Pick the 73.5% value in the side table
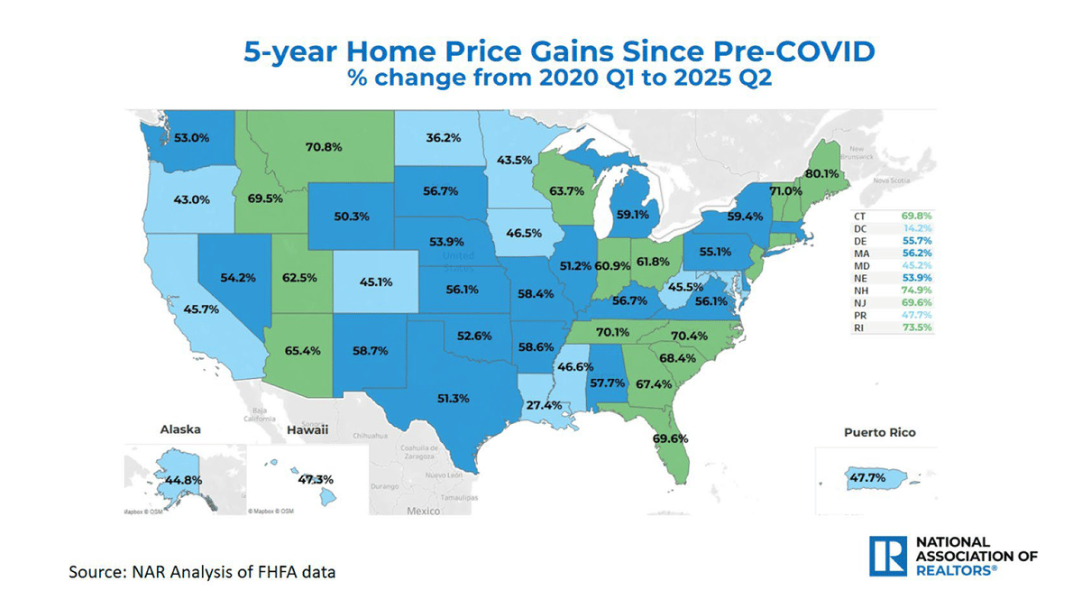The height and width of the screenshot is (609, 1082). (x=916, y=328)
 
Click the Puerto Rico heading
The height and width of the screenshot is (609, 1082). (x=879, y=433)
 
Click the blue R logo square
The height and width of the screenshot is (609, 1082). (x=887, y=556)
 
